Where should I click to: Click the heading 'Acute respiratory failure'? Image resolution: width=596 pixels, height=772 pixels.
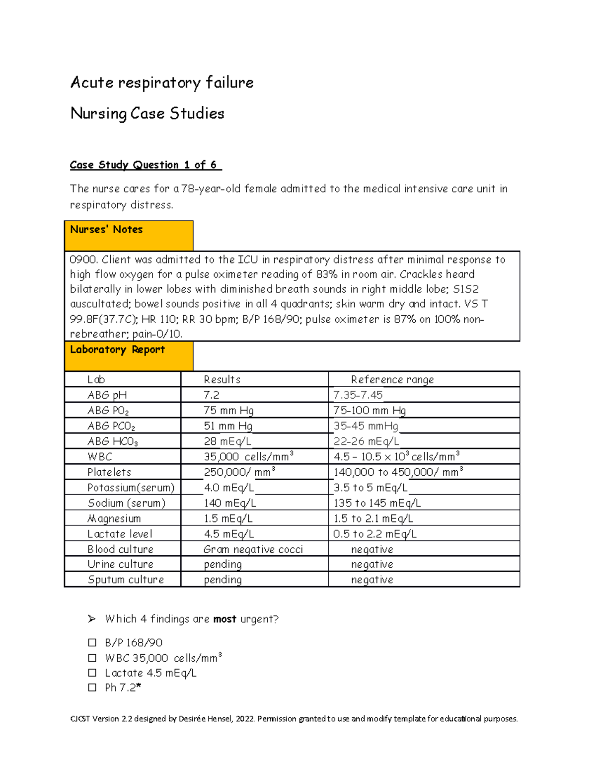coord(162,83)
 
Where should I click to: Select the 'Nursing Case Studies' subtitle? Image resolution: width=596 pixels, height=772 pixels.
coord(147,113)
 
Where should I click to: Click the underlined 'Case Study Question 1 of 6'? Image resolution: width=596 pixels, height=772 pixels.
coord(145,165)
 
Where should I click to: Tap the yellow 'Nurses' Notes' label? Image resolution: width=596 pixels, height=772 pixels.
coord(107,230)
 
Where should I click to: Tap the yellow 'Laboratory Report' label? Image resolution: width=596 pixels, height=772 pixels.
coord(117,349)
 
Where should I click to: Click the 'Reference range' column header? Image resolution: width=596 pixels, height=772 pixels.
coord(392,380)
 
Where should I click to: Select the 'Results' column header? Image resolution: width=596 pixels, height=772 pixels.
coord(222,380)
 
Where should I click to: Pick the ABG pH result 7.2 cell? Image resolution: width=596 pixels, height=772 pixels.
coord(212,395)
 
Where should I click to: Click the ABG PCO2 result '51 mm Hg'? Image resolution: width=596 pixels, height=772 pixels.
coord(228,426)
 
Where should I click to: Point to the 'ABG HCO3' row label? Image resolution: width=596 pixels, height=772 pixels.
coord(113,441)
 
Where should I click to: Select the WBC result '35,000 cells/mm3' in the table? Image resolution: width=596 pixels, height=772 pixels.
coord(248,457)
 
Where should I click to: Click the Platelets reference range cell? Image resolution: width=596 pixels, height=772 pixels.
coord(398,472)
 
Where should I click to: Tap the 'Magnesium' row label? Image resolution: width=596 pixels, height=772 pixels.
coord(114,518)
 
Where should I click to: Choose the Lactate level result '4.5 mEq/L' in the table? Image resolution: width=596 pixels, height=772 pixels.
coord(228,534)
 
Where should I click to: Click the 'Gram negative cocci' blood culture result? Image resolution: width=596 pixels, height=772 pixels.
coord(253,549)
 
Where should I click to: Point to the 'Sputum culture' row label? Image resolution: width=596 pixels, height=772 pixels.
coord(126,580)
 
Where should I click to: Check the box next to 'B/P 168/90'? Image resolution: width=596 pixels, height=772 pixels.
coord(92,643)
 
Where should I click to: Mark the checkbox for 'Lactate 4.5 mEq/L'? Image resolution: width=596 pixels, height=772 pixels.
coord(92,673)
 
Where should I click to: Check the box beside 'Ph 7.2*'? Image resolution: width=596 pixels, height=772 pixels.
coord(92,687)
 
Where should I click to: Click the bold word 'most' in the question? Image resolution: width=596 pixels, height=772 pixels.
coord(224,619)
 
